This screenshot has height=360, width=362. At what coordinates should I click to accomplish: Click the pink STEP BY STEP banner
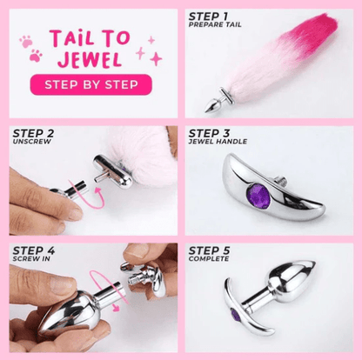pos(90,84)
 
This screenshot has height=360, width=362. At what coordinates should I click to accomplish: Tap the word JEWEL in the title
pos(90,59)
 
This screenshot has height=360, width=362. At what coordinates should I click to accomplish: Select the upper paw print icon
pos(26,42)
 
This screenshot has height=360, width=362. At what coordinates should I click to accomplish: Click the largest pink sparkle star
pos(156,59)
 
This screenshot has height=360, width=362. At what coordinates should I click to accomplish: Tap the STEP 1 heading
pos(208,17)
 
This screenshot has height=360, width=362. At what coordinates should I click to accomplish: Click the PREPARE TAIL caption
pos(215,24)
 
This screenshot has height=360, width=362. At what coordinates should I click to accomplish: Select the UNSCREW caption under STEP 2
pos(32,142)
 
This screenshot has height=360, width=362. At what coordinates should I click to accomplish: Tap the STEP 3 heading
pos(209,134)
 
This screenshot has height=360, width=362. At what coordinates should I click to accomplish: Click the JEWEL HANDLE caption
pos(218,142)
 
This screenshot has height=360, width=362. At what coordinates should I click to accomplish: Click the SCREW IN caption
pos(31,258)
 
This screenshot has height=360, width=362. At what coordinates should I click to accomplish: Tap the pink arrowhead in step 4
pos(116,308)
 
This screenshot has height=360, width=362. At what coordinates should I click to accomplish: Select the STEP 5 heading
pos(209,250)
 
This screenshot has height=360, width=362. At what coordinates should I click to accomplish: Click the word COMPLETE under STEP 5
pos(209,258)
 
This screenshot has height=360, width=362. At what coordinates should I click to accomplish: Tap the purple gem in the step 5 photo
pos(235,316)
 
